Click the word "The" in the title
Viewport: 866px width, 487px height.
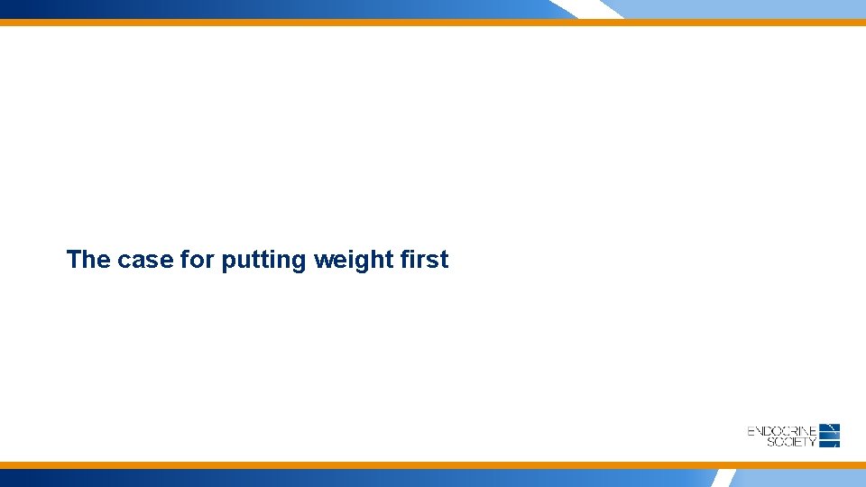pyautogui.click(x=88, y=260)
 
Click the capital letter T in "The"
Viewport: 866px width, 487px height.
pyautogui.click(x=74, y=260)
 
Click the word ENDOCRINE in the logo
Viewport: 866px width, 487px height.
pyautogui.click(x=782, y=431)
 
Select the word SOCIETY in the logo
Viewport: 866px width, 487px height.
pyautogui.click(x=791, y=442)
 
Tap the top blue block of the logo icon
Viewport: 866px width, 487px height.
pyautogui.click(x=831, y=427)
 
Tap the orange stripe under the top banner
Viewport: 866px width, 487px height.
pyautogui.click(x=433, y=23)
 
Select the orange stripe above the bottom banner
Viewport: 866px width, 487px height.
pyautogui.click(x=433, y=465)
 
